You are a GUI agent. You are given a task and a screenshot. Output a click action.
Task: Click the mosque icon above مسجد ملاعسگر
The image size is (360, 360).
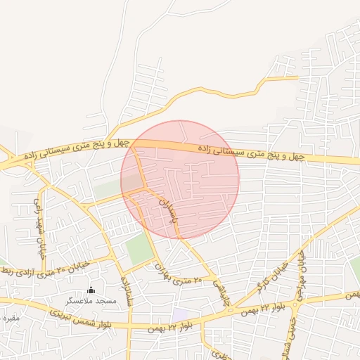point(90,290)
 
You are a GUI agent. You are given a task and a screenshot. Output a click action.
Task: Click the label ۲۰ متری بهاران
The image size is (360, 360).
point(178,275)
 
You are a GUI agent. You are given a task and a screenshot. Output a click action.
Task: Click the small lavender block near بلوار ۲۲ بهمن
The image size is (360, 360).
point(181,314)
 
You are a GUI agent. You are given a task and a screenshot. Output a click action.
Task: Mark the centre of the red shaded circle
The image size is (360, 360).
point(180,179)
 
